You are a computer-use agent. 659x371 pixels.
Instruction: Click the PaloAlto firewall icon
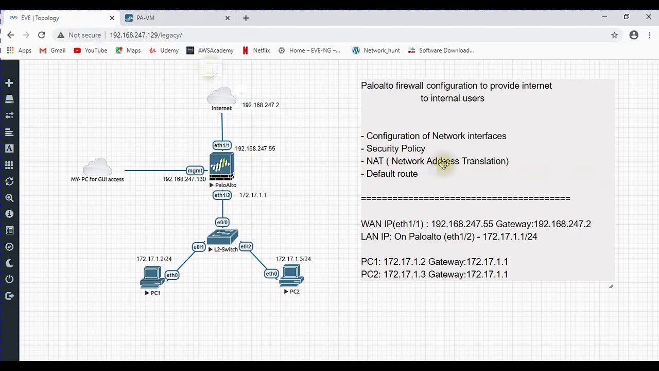pos(222,166)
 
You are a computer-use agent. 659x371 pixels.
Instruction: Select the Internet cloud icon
pos(222,96)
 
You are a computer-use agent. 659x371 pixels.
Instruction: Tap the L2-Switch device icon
pos(222,237)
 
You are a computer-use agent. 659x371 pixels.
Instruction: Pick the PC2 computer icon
pos(291,276)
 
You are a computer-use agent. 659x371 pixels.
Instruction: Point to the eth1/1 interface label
pos(222,145)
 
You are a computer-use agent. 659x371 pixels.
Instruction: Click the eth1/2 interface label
pos(222,195)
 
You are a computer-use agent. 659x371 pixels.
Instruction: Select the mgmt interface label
pos(195,171)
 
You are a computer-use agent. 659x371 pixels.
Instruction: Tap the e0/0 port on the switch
pos(222,223)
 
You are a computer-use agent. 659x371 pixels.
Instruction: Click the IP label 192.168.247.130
pos(184,179)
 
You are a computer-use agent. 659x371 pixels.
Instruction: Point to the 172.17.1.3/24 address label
pos(293,259)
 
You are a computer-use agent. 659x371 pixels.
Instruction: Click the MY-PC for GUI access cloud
pos(97,167)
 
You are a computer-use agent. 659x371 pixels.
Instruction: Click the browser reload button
pos(42,35)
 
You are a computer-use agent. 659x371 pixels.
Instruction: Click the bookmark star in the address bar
pos(614,35)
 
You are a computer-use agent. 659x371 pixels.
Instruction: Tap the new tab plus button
pos(246,18)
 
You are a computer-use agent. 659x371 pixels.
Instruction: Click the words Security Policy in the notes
pos(395,148)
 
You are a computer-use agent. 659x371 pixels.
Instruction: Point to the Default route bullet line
pos(391,174)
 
